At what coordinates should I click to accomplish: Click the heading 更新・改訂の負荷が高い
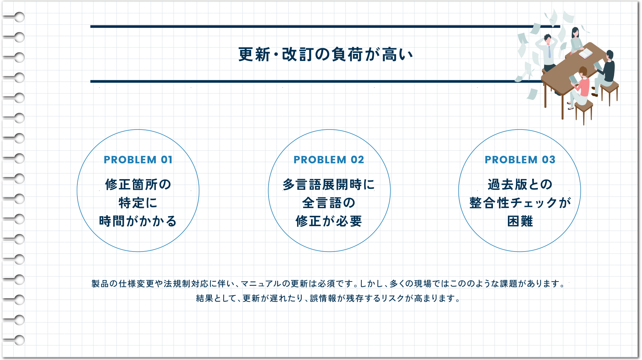pyautogui.click(x=326, y=55)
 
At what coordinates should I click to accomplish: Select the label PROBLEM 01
pyautogui.click(x=138, y=159)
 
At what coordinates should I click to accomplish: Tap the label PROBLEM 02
pyautogui.click(x=329, y=159)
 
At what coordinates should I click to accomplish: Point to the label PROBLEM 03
pyautogui.click(x=520, y=159)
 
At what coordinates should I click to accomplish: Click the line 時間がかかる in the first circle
pyautogui.click(x=138, y=221)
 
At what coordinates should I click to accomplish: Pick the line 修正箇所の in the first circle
pyautogui.click(x=138, y=184)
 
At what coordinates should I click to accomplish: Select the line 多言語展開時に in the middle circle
pyautogui.click(x=329, y=184)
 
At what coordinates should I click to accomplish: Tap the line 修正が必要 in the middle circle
pyautogui.click(x=329, y=221)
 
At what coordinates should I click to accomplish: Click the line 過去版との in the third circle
pyautogui.click(x=520, y=184)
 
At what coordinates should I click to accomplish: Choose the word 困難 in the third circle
pyautogui.click(x=520, y=221)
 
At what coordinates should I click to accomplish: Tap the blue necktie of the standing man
pyautogui.click(x=550, y=52)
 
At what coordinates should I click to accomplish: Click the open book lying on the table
pyautogui.click(x=585, y=54)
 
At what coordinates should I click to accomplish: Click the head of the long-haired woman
pyautogui.click(x=575, y=32)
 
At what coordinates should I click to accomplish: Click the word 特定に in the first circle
pyautogui.click(x=138, y=203)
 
